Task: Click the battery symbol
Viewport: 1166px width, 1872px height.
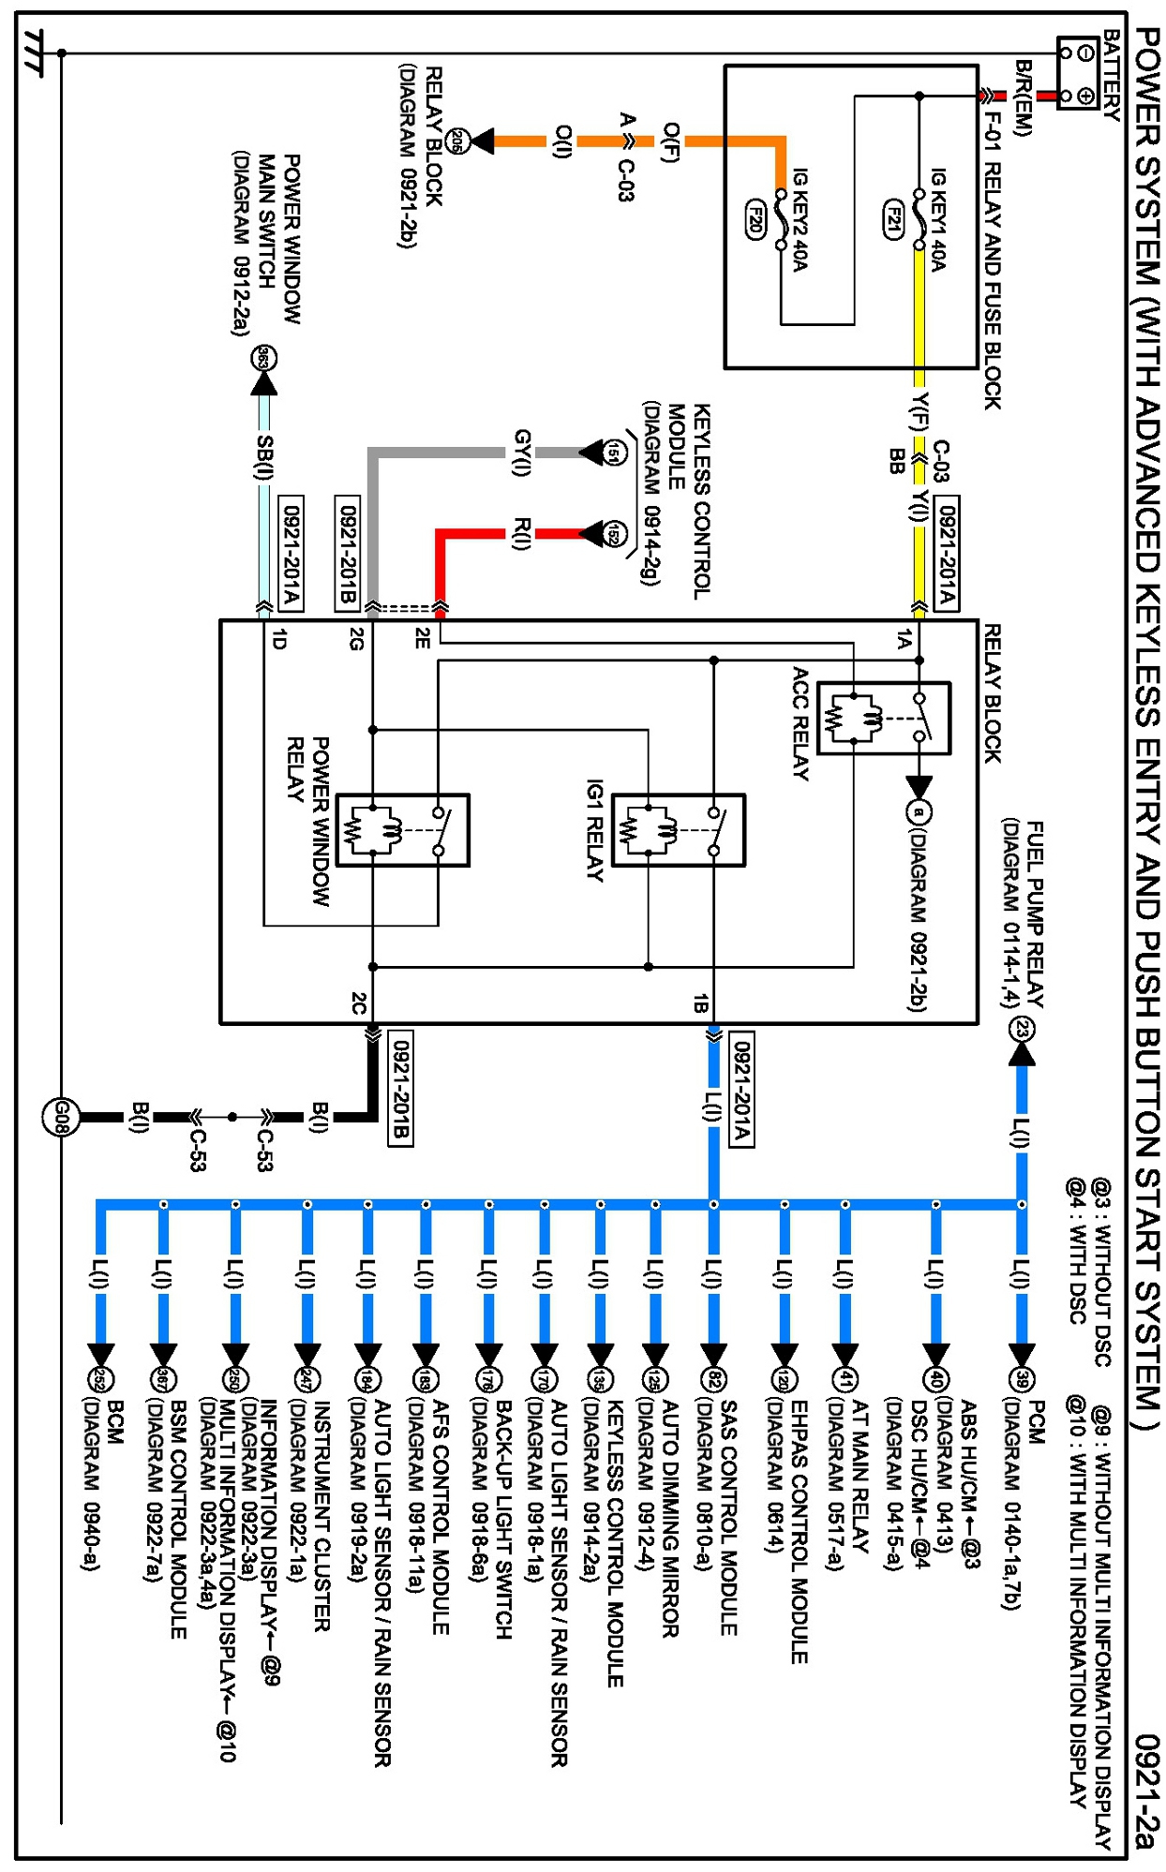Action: pyautogui.click(x=1078, y=73)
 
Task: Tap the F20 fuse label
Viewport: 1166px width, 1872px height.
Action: pyautogui.click(x=755, y=218)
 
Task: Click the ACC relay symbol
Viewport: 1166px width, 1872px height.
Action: pyautogui.click(x=883, y=718)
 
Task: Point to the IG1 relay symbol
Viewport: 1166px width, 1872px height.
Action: pyautogui.click(x=679, y=830)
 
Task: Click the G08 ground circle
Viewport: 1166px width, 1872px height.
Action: pyautogui.click(x=60, y=1117)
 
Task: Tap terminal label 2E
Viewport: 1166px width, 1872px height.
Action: pyautogui.click(x=423, y=639)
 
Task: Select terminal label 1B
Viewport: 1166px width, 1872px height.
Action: pyautogui.click(x=699, y=1003)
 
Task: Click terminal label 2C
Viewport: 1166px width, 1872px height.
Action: pyautogui.click(x=358, y=1003)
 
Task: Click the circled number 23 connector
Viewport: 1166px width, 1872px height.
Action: pyautogui.click(x=1022, y=1030)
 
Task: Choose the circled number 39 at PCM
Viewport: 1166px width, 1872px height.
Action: pyautogui.click(x=1022, y=1378)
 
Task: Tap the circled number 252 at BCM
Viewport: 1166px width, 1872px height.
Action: pyautogui.click(x=99, y=1378)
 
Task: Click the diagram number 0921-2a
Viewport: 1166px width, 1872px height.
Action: pyautogui.click(x=1146, y=1790)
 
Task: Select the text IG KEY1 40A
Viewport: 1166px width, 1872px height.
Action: pyautogui.click(x=938, y=219)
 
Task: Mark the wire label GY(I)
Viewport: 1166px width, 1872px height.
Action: pyautogui.click(x=523, y=453)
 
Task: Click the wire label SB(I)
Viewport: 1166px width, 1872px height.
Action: pyautogui.click(x=265, y=456)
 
